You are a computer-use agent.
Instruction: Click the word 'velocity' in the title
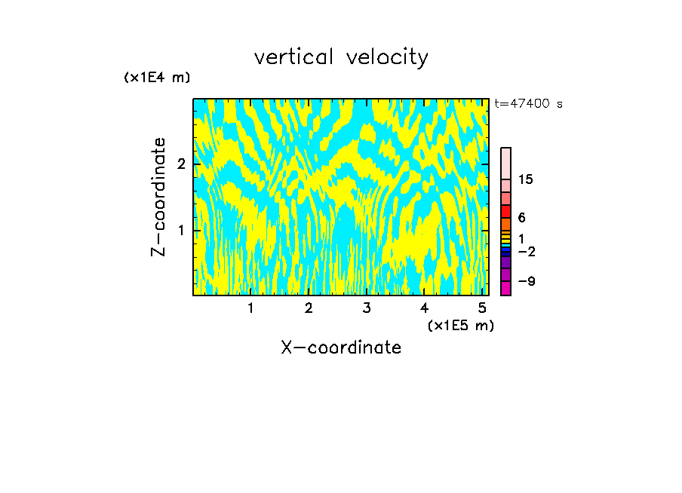tap(387, 58)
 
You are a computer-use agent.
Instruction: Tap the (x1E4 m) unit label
tap(157, 77)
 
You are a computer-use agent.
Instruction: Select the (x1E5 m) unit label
tap(460, 325)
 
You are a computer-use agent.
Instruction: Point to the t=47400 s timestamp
tap(528, 104)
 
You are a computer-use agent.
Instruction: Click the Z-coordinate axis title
tap(158, 197)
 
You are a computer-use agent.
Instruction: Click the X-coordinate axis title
tap(341, 348)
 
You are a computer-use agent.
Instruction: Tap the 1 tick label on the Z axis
tap(181, 230)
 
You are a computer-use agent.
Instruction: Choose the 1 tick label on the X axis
tap(250, 308)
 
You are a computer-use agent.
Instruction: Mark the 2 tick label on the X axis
tap(309, 308)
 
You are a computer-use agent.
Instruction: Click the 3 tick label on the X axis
tap(366, 308)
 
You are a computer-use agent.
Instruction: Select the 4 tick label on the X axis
tap(424, 308)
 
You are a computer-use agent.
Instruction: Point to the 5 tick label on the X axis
tap(482, 308)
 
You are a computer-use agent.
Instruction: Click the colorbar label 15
tap(526, 179)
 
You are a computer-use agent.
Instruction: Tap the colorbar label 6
tap(521, 218)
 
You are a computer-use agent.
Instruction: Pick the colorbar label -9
tap(527, 281)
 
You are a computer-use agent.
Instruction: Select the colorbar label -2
tap(527, 251)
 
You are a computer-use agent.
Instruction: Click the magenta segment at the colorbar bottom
tap(505, 288)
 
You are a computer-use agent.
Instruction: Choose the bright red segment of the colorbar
tap(505, 211)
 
